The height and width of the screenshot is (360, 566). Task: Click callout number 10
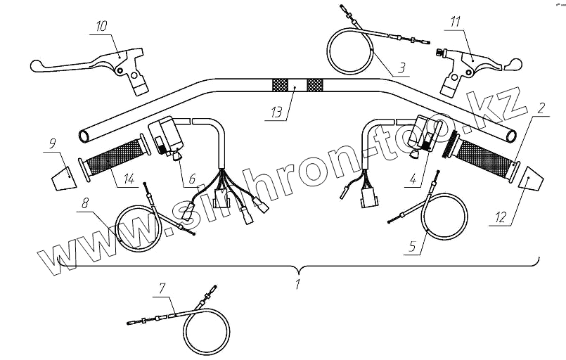coord(101,27)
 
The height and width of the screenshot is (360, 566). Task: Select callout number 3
coord(400,68)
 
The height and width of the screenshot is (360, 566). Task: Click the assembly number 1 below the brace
coord(298,285)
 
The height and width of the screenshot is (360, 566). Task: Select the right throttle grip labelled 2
coord(484,157)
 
